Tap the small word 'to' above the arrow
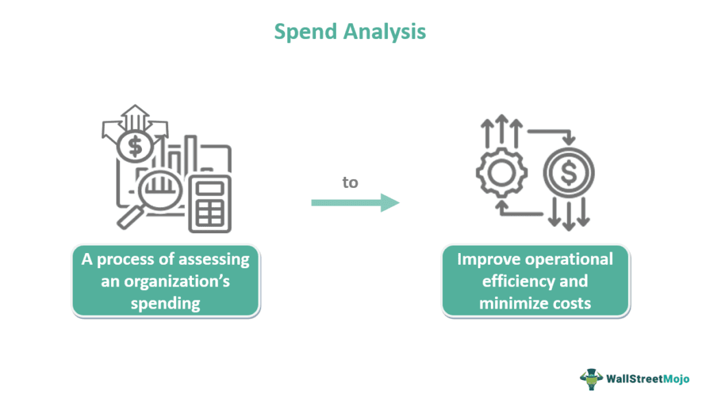click(x=350, y=182)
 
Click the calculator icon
click(x=210, y=204)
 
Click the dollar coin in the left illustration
click(x=136, y=145)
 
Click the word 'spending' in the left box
click(x=165, y=303)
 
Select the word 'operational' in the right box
click(x=568, y=259)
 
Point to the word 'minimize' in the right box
click(x=513, y=303)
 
